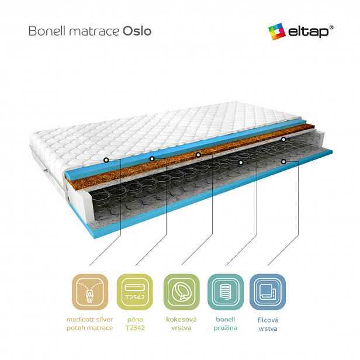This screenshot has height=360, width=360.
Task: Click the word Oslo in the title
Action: point(137,31)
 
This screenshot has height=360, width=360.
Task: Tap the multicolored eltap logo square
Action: point(276,32)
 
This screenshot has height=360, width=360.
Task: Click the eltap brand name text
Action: point(309,32)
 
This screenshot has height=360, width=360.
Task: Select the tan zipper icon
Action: point(90,292)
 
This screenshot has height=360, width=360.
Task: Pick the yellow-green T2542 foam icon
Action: point(135,292)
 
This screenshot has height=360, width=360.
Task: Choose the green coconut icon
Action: point(181,292)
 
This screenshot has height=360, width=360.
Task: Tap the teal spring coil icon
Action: point(226,292)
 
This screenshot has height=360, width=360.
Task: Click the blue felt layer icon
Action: point(268,292)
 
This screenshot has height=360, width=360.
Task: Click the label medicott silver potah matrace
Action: point(90,324)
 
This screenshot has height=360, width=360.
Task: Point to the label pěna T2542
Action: point(135,324)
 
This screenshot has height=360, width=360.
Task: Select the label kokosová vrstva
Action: point(181,324)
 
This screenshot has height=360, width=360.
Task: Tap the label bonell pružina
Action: point(226,324)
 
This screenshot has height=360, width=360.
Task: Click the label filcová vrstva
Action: point(268,324)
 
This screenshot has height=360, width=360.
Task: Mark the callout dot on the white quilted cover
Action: point(106,160)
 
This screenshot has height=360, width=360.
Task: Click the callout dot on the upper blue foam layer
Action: point(152,158)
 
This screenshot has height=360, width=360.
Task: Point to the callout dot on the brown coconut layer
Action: point(198,155)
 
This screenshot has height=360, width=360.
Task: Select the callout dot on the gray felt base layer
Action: point(283,162)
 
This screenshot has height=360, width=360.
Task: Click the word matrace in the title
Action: point(94,32)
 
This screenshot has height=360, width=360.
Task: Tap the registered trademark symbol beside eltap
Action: point(331,28)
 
